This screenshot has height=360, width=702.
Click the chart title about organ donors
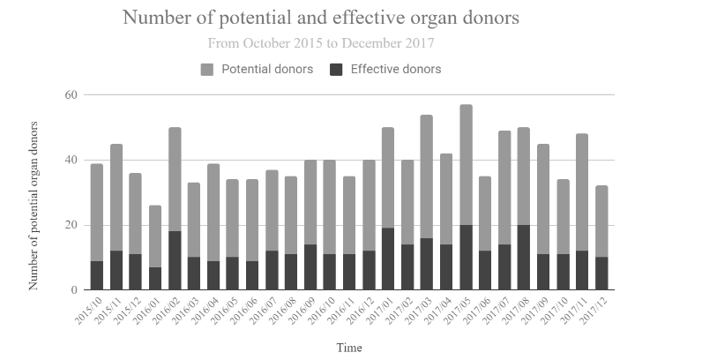pyautogui.click(x=321, y=19)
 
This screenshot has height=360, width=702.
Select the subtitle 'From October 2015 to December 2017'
pyautogui.click(x=321, y=42)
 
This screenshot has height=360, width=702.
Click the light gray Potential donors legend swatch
pyautogui.click(x=208, y=70)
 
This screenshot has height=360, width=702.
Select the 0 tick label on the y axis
pyautogui.click(x=74, y=290)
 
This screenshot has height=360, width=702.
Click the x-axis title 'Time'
pyautogui.click(x=348, y=348)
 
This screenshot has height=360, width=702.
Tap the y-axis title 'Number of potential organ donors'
pyautogui.click(x=34, y=206)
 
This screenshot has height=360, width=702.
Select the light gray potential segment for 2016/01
pyautogui.click(x=155, y=236)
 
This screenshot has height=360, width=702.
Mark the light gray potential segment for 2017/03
pyautogui.click(x=427, y=176)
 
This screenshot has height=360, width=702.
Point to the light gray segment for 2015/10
pyautogui.click(x=97, y=212)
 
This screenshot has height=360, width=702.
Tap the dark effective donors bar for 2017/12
pyautogui.click(x=601, y=274)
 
